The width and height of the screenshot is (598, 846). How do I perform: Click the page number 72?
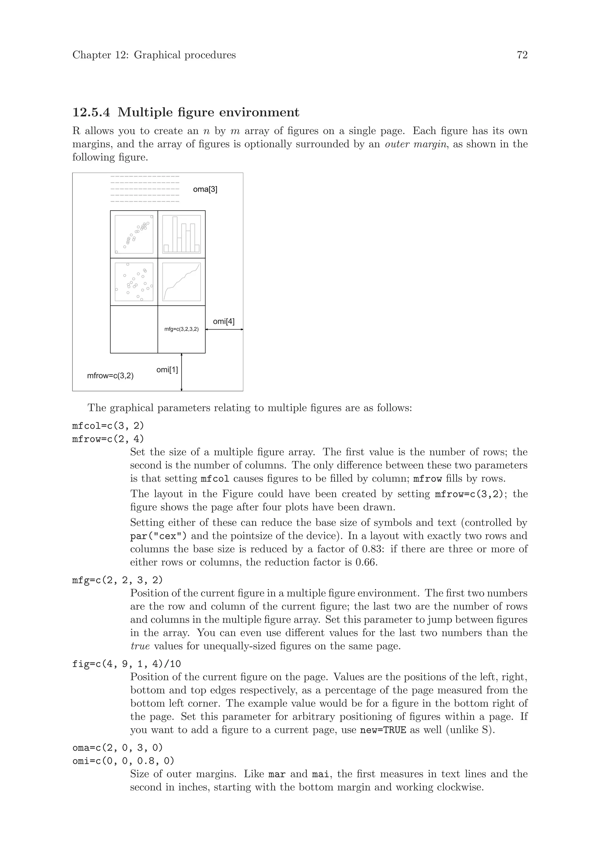click(522, 55)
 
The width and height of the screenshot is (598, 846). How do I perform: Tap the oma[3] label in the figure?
click(205, 189)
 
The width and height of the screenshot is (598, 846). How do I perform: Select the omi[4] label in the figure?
click(223, 321)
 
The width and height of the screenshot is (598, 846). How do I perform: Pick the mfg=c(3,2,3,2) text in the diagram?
click(181, 329)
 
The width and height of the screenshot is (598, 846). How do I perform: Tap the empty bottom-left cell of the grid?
click(134, 329)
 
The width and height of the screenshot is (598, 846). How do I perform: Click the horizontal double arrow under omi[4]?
click(224, 330)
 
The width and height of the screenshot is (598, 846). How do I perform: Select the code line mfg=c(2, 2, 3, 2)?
click(117, 580)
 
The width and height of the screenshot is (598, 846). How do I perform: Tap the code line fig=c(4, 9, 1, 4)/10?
click(127, 664)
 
